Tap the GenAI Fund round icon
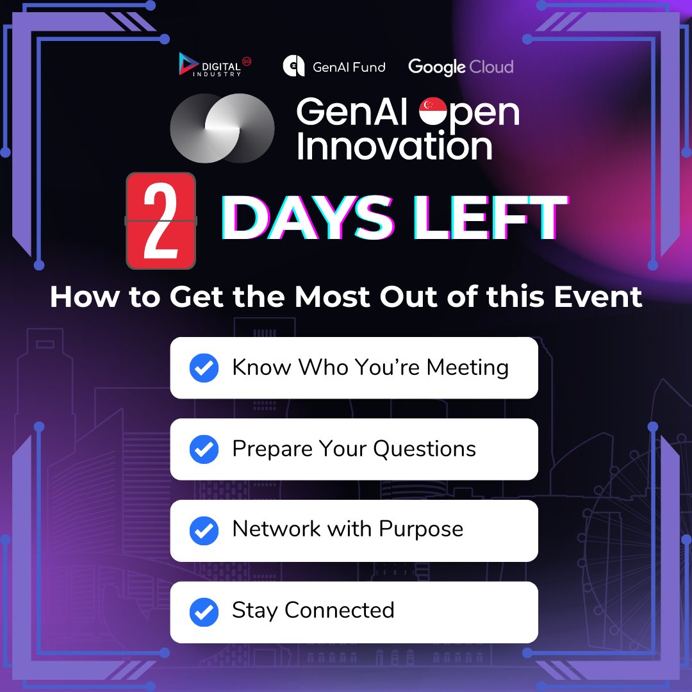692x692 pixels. point(293,67)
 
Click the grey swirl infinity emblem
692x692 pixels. point(222,128)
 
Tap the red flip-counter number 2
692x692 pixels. point(160,220)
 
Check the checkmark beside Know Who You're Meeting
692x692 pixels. point(204,368)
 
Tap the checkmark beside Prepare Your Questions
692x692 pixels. point(204,450)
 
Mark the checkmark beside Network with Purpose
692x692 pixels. point(204,531)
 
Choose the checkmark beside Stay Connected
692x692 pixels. point(204,612)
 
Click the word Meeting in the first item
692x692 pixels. point(468,368)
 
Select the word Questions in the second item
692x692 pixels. point(425,449)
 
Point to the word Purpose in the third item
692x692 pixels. point(421,529)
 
